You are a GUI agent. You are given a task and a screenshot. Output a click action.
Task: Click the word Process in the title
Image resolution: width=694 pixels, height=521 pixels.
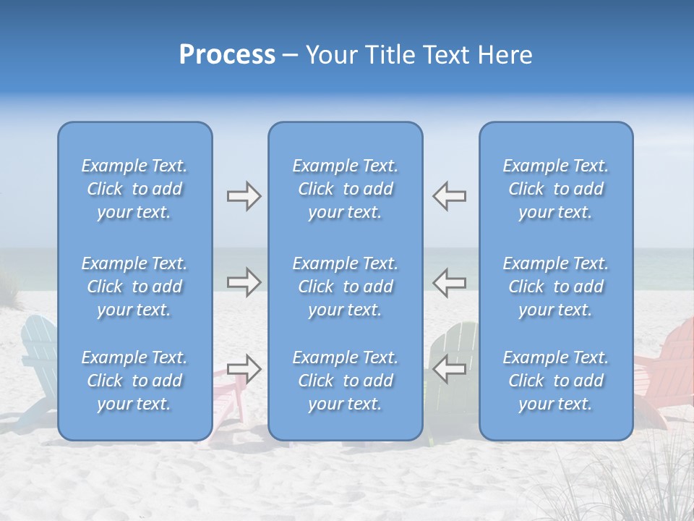click(227, 55)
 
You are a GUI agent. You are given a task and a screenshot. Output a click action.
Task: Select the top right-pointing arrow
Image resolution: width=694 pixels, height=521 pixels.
click(244, 196)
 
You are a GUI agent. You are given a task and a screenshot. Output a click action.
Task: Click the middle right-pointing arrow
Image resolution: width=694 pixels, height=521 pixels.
click(244, 282)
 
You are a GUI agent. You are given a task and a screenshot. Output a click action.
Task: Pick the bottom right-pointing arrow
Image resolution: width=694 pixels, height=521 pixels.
click(244, 368)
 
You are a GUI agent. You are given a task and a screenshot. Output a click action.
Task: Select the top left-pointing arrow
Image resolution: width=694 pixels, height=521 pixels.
click(449, 196)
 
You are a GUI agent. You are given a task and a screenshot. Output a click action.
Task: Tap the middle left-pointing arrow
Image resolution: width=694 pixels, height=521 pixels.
click(449, 282)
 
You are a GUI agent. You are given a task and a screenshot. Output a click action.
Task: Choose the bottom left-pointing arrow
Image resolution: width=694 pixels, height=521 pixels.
click(449, 368)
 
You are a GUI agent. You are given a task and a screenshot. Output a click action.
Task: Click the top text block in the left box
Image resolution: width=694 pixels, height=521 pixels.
click(134, 189)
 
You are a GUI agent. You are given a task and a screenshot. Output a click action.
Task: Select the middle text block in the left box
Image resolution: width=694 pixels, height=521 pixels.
click(134, 287)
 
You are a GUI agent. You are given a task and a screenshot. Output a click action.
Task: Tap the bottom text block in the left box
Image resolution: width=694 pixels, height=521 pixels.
click(134, 381)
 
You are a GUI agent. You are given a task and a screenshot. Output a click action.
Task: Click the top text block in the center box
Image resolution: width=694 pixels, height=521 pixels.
click(345, 189)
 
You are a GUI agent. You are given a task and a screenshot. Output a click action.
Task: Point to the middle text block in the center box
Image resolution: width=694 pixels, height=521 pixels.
click(345, 287)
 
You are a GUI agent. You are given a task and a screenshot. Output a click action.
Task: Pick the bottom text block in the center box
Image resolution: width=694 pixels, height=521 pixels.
click(345, 381)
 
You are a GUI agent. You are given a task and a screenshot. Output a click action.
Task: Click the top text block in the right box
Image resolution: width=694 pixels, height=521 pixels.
click(555, 189)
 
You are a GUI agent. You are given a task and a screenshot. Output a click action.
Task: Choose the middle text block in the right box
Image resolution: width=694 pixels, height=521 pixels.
click(555, 287)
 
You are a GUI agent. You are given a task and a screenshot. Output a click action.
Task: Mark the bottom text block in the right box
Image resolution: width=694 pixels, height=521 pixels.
click(555, 381)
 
